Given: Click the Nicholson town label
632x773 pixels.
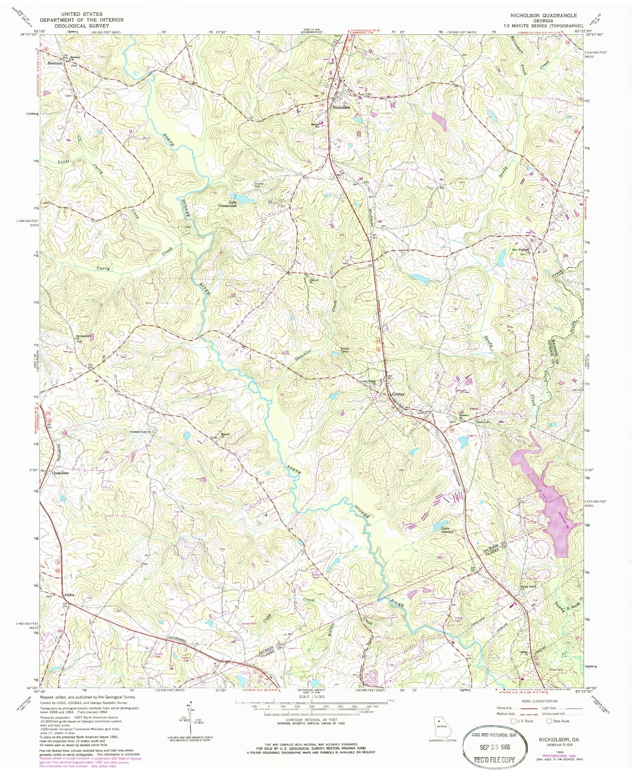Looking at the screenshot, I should click(x=341, y=107).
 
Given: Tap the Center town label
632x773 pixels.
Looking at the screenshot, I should click(x=398, y=394).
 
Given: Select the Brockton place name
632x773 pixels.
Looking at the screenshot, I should click(x=55, y=63).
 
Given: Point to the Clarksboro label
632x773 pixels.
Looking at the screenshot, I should click(x=60, y=473).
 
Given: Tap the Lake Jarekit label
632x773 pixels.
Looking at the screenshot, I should click(x=445, y=530).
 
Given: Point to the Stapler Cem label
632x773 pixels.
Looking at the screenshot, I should click(x=259, y=185).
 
